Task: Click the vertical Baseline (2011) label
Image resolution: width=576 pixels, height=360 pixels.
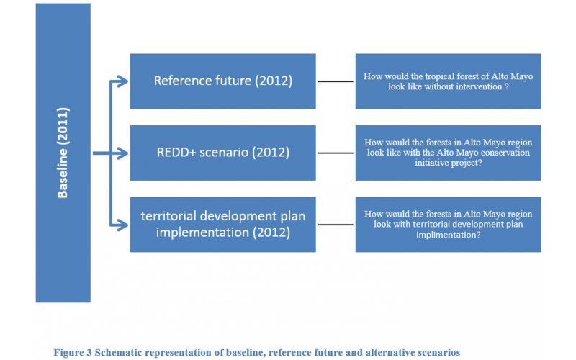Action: [x=63, y=153]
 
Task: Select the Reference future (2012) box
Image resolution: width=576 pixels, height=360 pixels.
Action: [x=223, y=81]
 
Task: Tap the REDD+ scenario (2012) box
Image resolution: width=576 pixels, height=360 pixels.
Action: [x=223, y=153]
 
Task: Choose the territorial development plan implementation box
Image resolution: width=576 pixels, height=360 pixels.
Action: [x=223, y=225]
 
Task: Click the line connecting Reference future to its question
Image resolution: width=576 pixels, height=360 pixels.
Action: [x=336, y=81]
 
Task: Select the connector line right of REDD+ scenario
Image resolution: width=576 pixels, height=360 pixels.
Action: [x=336, y=153]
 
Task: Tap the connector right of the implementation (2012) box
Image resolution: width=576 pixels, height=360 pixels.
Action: [x=336, y=225]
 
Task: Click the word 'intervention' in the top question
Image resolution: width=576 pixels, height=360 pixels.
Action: [x=480, y=86]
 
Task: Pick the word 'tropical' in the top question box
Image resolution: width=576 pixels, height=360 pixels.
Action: [x=439, y=77]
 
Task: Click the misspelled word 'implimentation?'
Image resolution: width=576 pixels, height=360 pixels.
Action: [x=448, y=235]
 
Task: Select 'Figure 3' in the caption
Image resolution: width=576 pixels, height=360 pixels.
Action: [x=73, y=353]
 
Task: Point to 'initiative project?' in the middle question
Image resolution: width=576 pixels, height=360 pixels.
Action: [x=448, y=163]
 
